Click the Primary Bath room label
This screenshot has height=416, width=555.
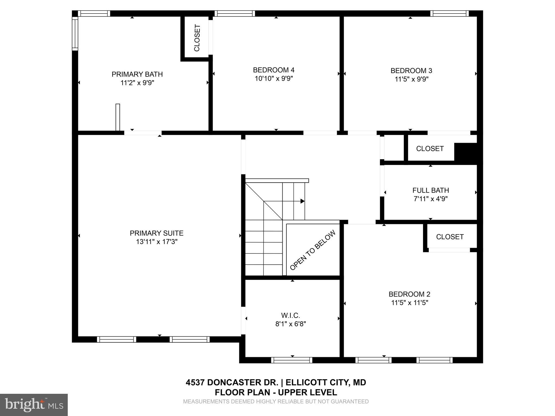pyautogui.click(x=137, y=74)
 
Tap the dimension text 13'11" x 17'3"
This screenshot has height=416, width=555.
pyautogui.click(x=156, y=242)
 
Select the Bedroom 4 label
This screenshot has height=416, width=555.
pyautogui.click(x=273, y=70)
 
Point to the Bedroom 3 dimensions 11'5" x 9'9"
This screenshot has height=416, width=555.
pyautogui.click(x=411, y=79)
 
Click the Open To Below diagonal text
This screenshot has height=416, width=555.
pyautogui.click(x=312, y=250)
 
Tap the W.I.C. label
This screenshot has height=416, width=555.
pyautogui.click(x=291, y=315)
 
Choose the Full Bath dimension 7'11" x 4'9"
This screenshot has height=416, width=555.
pyautogui.click(x=430, y=199)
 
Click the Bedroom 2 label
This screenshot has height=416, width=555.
pyautogui.click(x=409, y=294)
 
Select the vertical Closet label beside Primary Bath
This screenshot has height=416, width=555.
pyautogui.click(x=197, y=38)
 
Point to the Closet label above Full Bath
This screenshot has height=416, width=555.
pyautogui.click(x=430, y=149)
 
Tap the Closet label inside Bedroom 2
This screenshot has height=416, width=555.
pyautogui.click(x=450, y=237)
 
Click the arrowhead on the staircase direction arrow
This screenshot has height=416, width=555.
pyautogui.click(x=302, y=201)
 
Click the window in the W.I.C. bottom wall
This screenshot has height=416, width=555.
pyautogui.click(x=292, y=360)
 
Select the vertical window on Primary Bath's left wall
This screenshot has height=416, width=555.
pyautogui.click(x=75, y=33)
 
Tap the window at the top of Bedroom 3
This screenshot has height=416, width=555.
pyautogui.click(x=449, y=14)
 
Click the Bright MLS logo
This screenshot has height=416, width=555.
pyautogui.click(x=34, y=405)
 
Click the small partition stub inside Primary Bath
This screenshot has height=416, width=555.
pyautogui.click(x=118, y=117)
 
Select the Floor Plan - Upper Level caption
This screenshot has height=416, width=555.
pyautogui.click(x=276, y=392)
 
